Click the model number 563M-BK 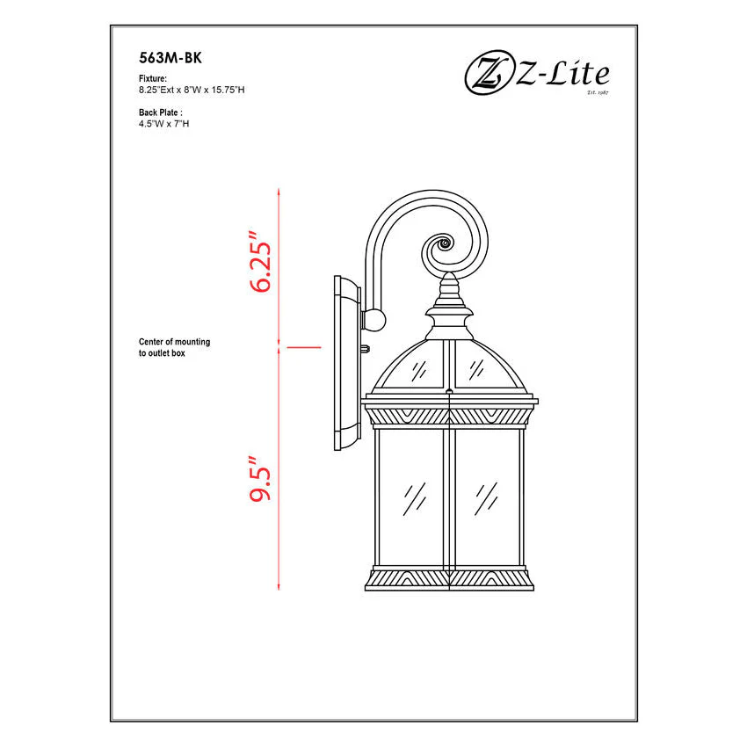pos(170,58)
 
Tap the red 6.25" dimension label pos(260,262)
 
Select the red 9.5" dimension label pos(260,478)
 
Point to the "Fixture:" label pos(153,78)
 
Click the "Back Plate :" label pos(161,112)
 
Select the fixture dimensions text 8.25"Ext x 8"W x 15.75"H pos(192,90)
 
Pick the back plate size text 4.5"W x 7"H pos(163,124)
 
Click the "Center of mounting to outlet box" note pos(174,347)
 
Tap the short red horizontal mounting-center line pos(304,347)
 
